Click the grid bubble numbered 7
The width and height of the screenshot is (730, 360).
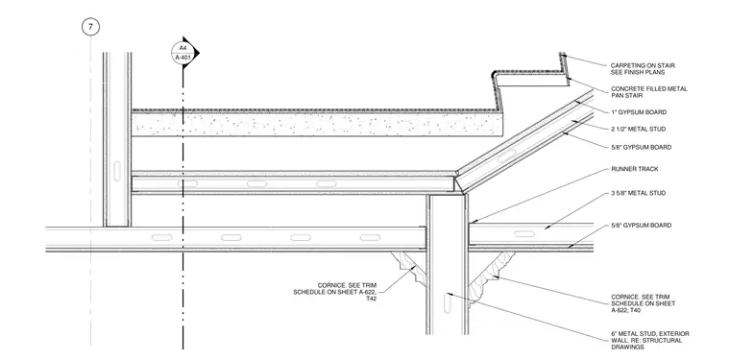click(x=90, y=27)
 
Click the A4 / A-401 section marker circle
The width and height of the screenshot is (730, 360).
click(x=182, y=53)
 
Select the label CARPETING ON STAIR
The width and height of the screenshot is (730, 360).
click(x=643, y=65)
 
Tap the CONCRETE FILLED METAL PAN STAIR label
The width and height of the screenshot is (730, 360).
click(x=648, y=92)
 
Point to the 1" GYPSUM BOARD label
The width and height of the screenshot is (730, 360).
click(x=639, y=112)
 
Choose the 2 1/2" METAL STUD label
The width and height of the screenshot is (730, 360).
click(x=638, y=129)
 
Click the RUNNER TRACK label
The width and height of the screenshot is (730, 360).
click(x=635, y=169)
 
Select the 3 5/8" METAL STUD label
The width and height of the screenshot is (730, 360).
click(x=638, y=193)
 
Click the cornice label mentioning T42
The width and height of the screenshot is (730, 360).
click(x=334, y=292)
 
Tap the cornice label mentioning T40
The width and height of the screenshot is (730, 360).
click(x=643, y=303)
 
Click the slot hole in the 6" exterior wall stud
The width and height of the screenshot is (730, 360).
click(x=448, y=302)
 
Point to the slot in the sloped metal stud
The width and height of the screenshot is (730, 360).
click(x=506, y=156)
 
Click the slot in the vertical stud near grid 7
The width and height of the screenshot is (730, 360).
click(x=117, y=171)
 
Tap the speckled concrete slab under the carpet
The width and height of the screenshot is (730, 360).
click(x=317, y=125)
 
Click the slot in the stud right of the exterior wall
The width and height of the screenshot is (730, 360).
click(x=524, y=233)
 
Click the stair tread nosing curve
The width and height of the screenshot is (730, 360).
click(x=495, y=75)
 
